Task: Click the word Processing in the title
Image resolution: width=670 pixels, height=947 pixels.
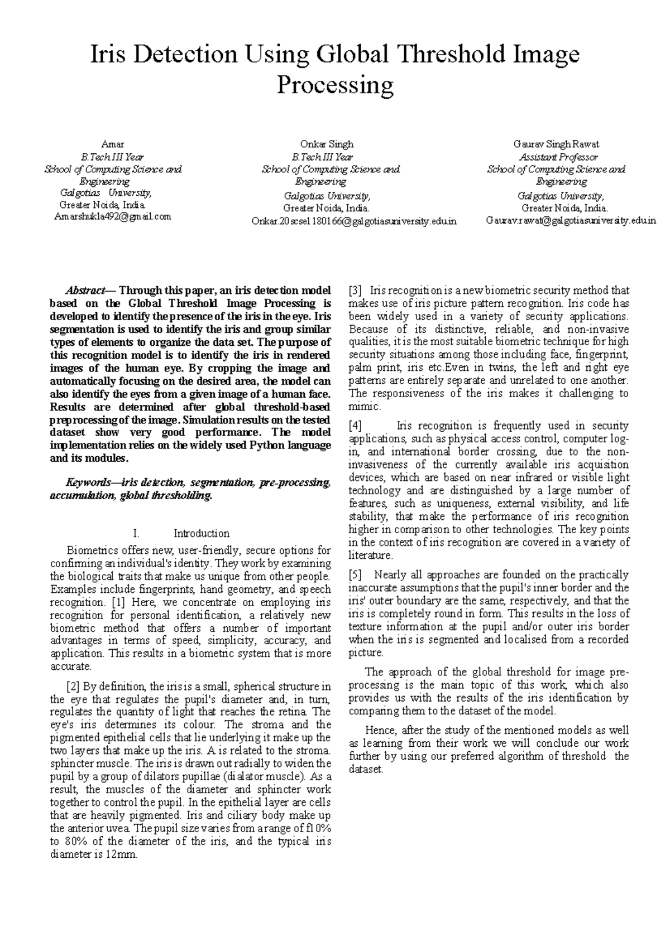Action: (336, 86)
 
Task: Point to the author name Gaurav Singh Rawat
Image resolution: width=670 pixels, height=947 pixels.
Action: (556, 144)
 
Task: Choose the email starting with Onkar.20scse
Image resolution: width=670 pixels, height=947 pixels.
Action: (354, 221)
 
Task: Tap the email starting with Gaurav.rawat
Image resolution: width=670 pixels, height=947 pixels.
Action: (571, 221)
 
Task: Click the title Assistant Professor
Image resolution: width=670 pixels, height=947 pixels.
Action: (558, 157)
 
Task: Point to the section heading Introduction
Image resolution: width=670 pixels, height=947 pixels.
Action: (202, 533)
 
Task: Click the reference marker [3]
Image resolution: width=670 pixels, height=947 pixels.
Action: (355, 291)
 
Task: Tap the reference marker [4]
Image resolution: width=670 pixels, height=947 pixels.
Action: (355, 426)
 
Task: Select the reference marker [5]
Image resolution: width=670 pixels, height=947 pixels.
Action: (355, 575)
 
